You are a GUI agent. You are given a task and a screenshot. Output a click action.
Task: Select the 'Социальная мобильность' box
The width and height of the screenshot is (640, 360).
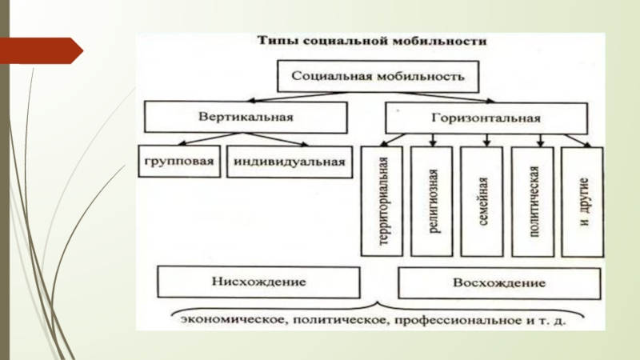click(379, 78)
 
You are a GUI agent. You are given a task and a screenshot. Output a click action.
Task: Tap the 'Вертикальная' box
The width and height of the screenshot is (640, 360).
click(246, 118)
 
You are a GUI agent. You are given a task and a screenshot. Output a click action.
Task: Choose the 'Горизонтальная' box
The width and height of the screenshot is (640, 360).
click(486, 118)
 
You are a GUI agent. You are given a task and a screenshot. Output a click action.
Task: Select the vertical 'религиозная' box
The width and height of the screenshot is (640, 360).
click(433, 201)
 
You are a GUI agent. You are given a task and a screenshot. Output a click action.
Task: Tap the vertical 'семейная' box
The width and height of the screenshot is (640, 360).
click(483, 201)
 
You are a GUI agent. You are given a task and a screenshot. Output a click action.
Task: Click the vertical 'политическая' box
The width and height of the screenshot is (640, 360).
click(534, 201)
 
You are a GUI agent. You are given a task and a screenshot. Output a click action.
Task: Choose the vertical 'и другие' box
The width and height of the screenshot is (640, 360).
click(584, 201)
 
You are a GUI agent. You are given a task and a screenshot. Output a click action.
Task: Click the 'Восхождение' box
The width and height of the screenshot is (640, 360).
click(499, 283)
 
